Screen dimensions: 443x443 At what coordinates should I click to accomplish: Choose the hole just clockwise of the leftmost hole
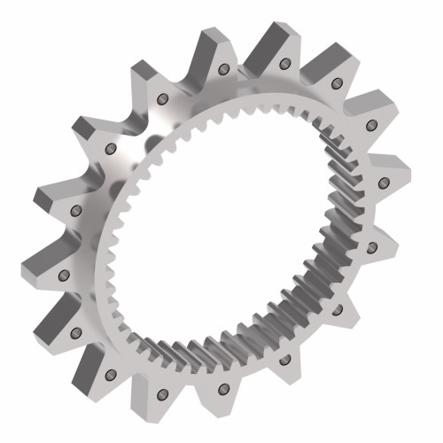[x=75, y=211]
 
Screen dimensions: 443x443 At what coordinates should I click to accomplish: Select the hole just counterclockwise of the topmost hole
[x=224, y=69]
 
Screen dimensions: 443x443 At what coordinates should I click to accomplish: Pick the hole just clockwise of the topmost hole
[x=336, y=85]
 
